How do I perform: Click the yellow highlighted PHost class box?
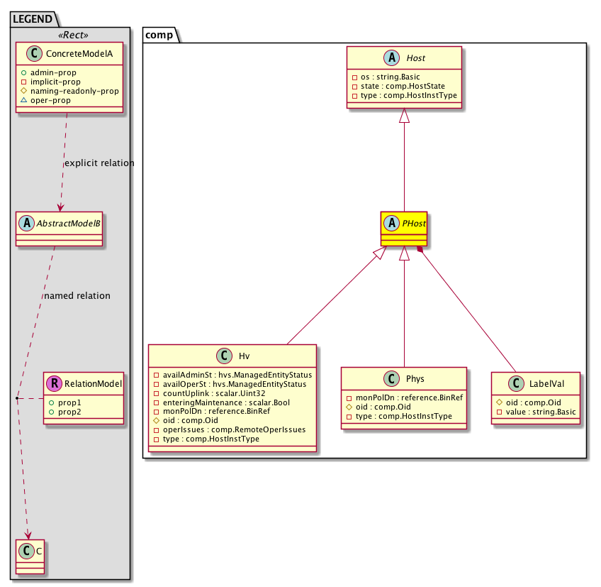tap(404, 228)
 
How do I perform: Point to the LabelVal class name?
tap(546, 383)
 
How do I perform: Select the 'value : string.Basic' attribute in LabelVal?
tap(539, 412)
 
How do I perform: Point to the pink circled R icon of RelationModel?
tap(52, 384)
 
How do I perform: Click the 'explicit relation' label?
tap(99, 163)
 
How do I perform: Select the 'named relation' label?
tap(77, 295)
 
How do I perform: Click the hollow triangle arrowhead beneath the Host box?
tap(404, 117)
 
